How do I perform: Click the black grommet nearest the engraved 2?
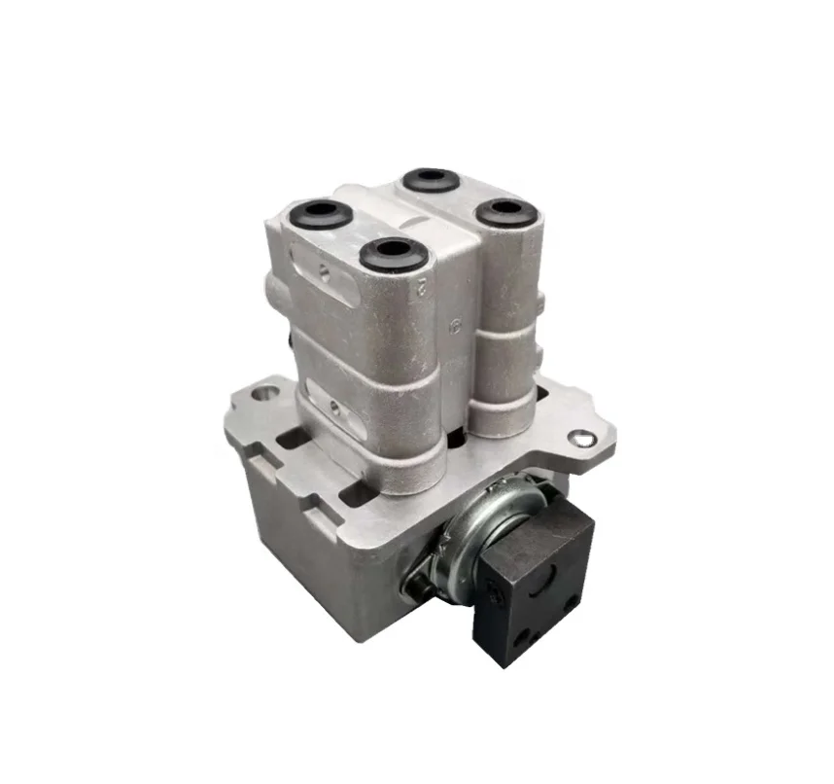point(393,254)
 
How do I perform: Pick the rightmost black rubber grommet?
point(506,211)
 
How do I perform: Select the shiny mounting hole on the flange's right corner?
point(581,439)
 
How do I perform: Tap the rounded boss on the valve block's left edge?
point(273,288)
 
